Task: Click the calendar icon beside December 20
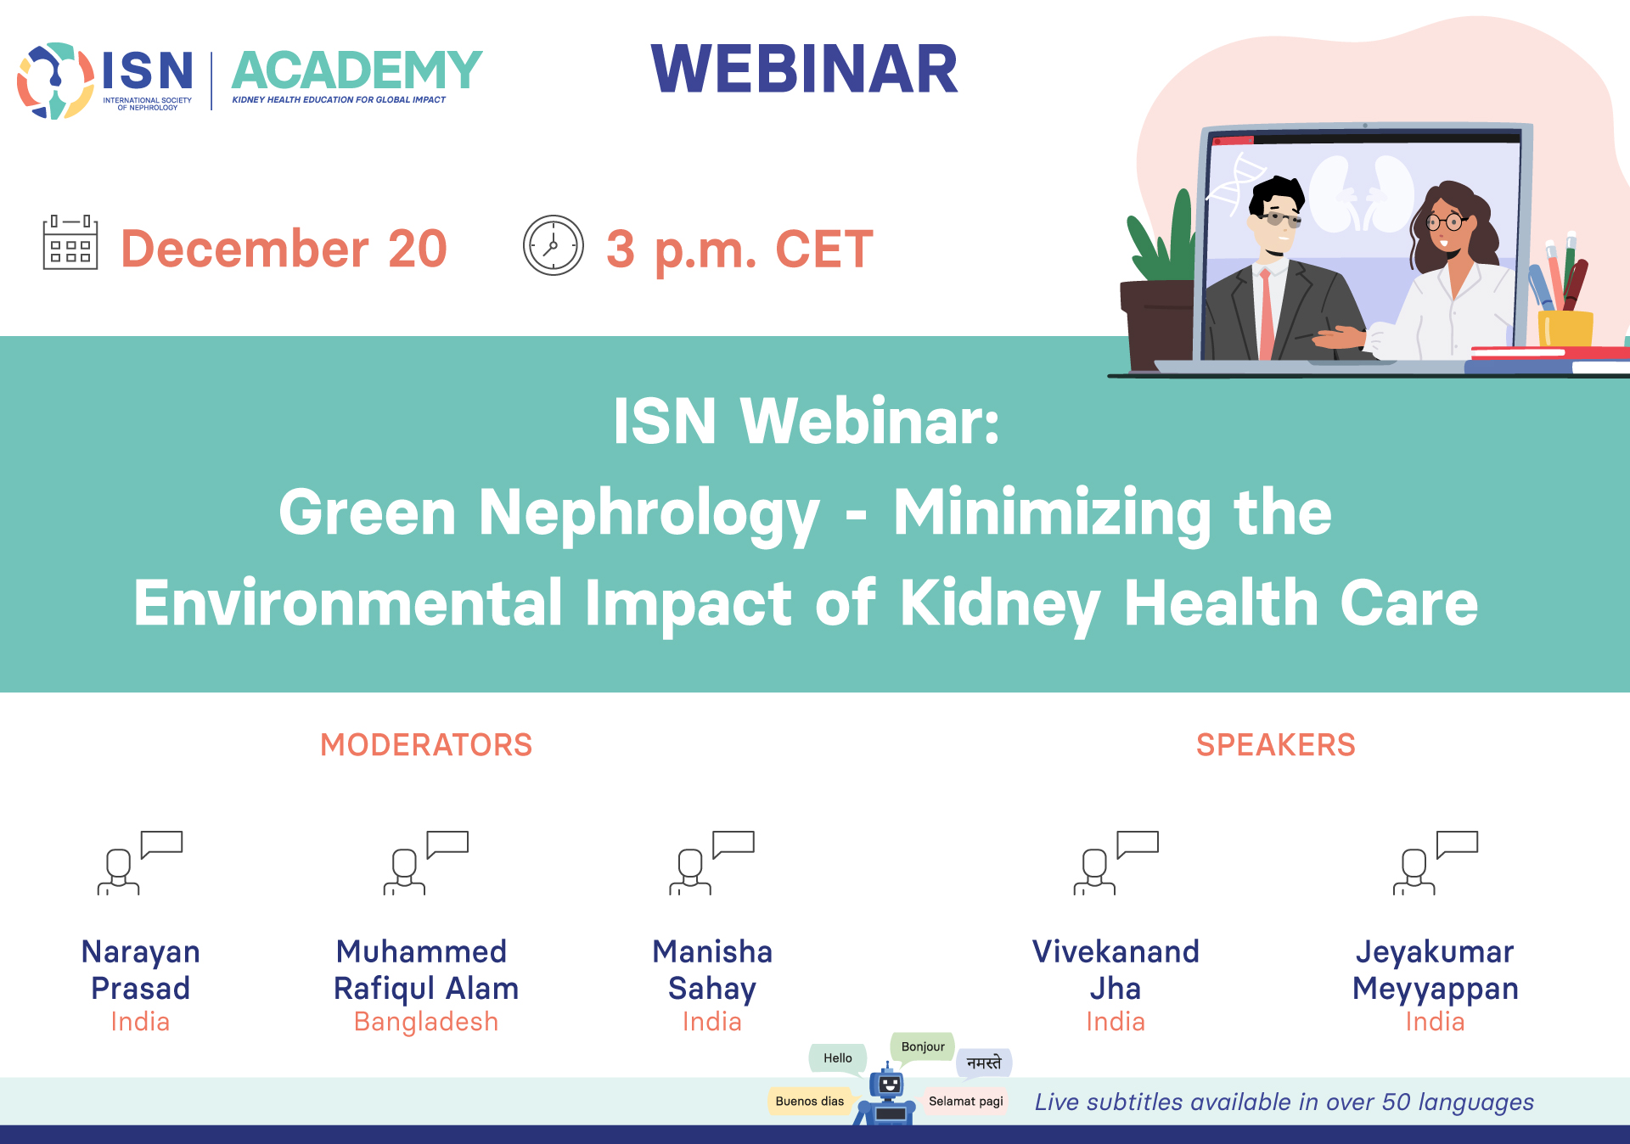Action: (70, 243)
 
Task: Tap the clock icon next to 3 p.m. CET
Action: (554, 245)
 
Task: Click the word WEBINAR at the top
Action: (804, 69)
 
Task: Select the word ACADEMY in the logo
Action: (357, 70)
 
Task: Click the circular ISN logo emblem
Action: (55, 81)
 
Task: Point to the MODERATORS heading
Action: (426, 745)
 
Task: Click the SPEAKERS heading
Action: (1276, 745)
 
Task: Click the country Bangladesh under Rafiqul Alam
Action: (426, 1022)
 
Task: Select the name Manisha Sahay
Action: (712, 970)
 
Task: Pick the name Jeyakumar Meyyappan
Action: (1436, 970)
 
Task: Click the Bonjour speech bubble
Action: (923, 1047)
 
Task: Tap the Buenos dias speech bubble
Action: (810, 1102)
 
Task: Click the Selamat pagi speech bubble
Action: (966, 1102)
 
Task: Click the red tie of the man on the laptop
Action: (1267, 314)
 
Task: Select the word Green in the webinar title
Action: (368, 513)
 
